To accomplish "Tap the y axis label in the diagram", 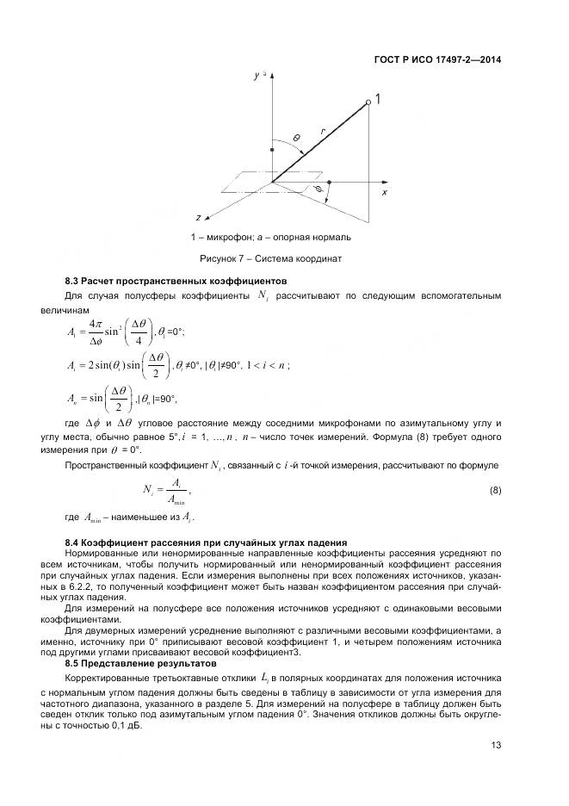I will click(x=256, y=77).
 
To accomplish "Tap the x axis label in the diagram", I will click(x=383, y=193).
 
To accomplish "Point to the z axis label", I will click(x=198, y=217).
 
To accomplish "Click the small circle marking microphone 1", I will click(x=368, y=102).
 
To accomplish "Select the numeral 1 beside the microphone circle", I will click(x=378, y=100).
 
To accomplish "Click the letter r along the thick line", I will click(x=321, y=131).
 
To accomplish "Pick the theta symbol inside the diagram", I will click(x=295, y=138).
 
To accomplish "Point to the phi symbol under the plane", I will click(x=319, y=186).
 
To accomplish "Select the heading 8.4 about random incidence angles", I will click(x=206, y=542).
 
